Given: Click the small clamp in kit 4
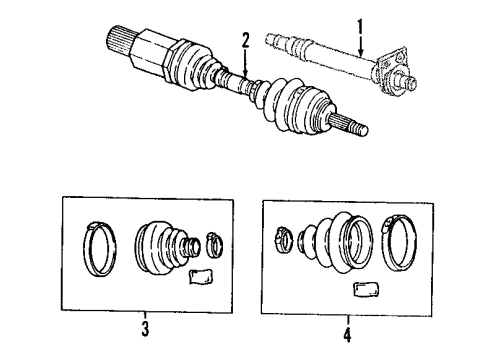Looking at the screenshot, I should click(283, 239).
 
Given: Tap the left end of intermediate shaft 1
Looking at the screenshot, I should click(276, 40).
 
